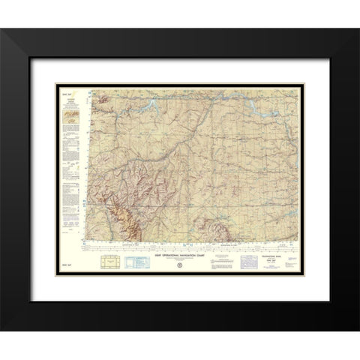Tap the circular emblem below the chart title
180,263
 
